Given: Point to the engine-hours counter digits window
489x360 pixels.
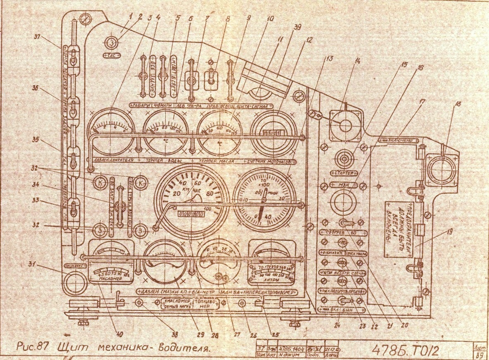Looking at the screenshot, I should pos(272,133).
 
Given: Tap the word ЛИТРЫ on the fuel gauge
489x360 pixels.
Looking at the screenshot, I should pos(271,279).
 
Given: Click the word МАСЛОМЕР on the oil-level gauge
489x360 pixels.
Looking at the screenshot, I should pos(110,279).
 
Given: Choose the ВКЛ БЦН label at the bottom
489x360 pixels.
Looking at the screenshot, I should pos(341,310).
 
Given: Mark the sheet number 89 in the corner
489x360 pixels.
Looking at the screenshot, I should pos(479,355).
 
